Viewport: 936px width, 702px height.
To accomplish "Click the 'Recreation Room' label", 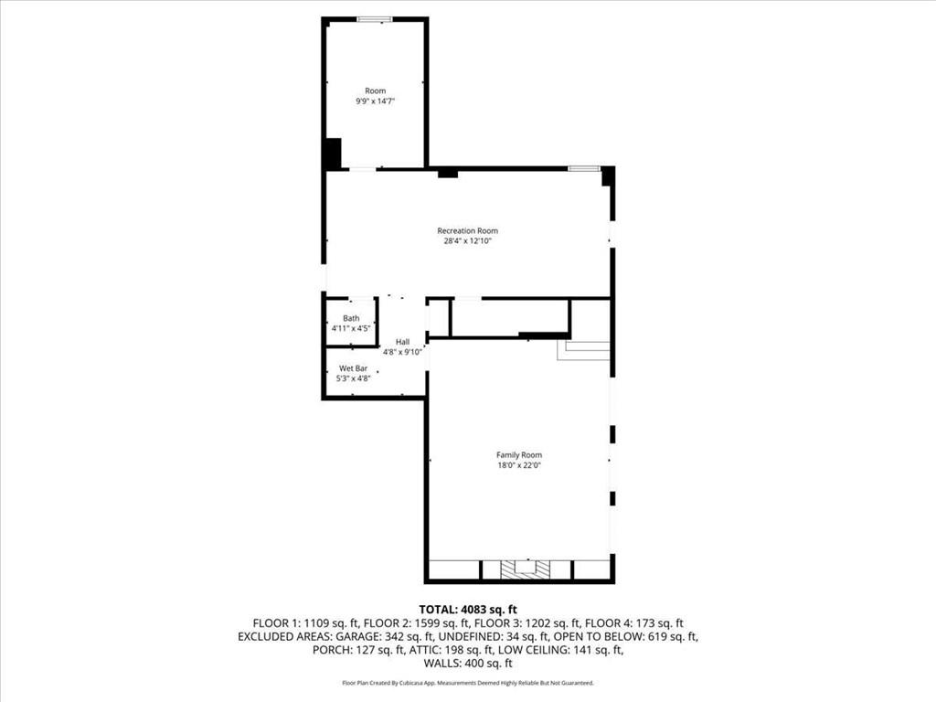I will [467, 231].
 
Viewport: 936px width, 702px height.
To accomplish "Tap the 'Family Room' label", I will [518, 454].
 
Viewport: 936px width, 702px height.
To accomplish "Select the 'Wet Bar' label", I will [353, 368].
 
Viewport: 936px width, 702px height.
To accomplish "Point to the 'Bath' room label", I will [351, 318].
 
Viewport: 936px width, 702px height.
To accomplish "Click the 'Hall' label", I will [403, 341].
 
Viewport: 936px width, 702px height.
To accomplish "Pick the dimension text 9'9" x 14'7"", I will [376, 101].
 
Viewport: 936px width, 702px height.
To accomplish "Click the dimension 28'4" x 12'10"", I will [467, 241].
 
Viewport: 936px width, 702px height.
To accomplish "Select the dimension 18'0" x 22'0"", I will [518, 465].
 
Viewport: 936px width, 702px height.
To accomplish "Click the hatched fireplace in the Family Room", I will [526, 569].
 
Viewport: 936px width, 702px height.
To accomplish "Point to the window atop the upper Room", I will [375, 19].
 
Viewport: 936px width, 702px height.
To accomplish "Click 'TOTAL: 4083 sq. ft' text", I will [468, 609].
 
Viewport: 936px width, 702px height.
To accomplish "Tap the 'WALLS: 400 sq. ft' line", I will [468, 664].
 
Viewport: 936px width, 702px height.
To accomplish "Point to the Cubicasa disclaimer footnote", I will [468, 683].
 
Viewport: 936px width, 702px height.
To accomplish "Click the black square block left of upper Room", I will [332, 153].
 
